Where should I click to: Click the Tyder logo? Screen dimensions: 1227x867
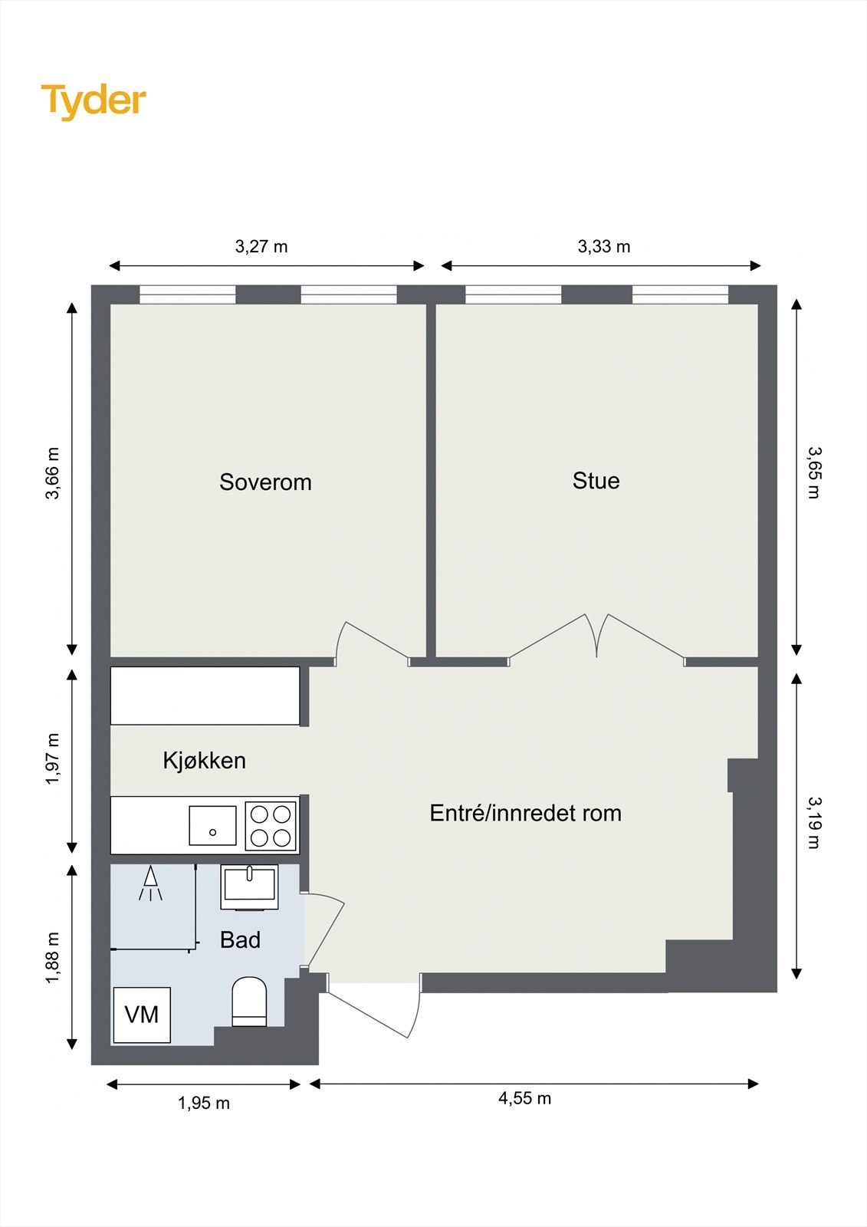pos(93,100)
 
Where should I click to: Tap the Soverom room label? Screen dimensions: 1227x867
pos(265,482)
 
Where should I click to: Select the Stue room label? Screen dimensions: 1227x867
pos(596,481)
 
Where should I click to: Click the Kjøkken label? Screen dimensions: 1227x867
pos(204,761)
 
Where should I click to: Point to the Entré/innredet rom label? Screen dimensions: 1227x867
pos(525,813)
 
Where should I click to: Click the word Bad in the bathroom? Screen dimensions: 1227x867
pos(240,940)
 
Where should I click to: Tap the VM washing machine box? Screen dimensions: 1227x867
pos(142,1015)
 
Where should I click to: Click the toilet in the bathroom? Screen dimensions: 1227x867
pos(248,1002)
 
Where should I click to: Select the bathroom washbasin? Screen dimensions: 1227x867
pos(249,887)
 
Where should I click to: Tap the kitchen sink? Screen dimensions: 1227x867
pos(212,825)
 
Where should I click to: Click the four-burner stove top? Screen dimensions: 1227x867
pos(271,825)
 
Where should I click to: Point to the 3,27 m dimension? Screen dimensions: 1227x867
pos(261,247)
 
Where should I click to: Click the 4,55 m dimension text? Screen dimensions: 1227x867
pos(525,1098)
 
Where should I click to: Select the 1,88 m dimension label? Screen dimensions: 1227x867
pos(52,959)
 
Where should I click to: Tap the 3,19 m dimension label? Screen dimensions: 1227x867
pos(813,823)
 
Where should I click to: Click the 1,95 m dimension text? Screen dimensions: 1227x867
pos(204,1104)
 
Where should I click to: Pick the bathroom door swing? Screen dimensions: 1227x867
pos(326,928)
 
